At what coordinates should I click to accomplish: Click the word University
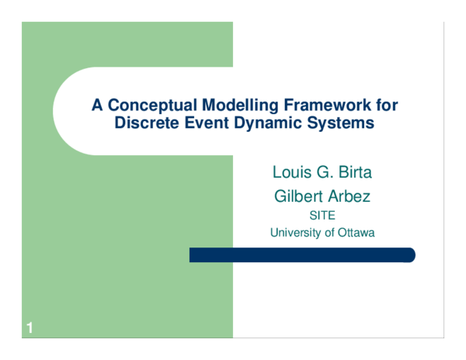tap(296, 232)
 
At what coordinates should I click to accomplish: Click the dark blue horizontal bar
tap(303, 255)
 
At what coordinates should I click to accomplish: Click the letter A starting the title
tap(97, 105)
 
